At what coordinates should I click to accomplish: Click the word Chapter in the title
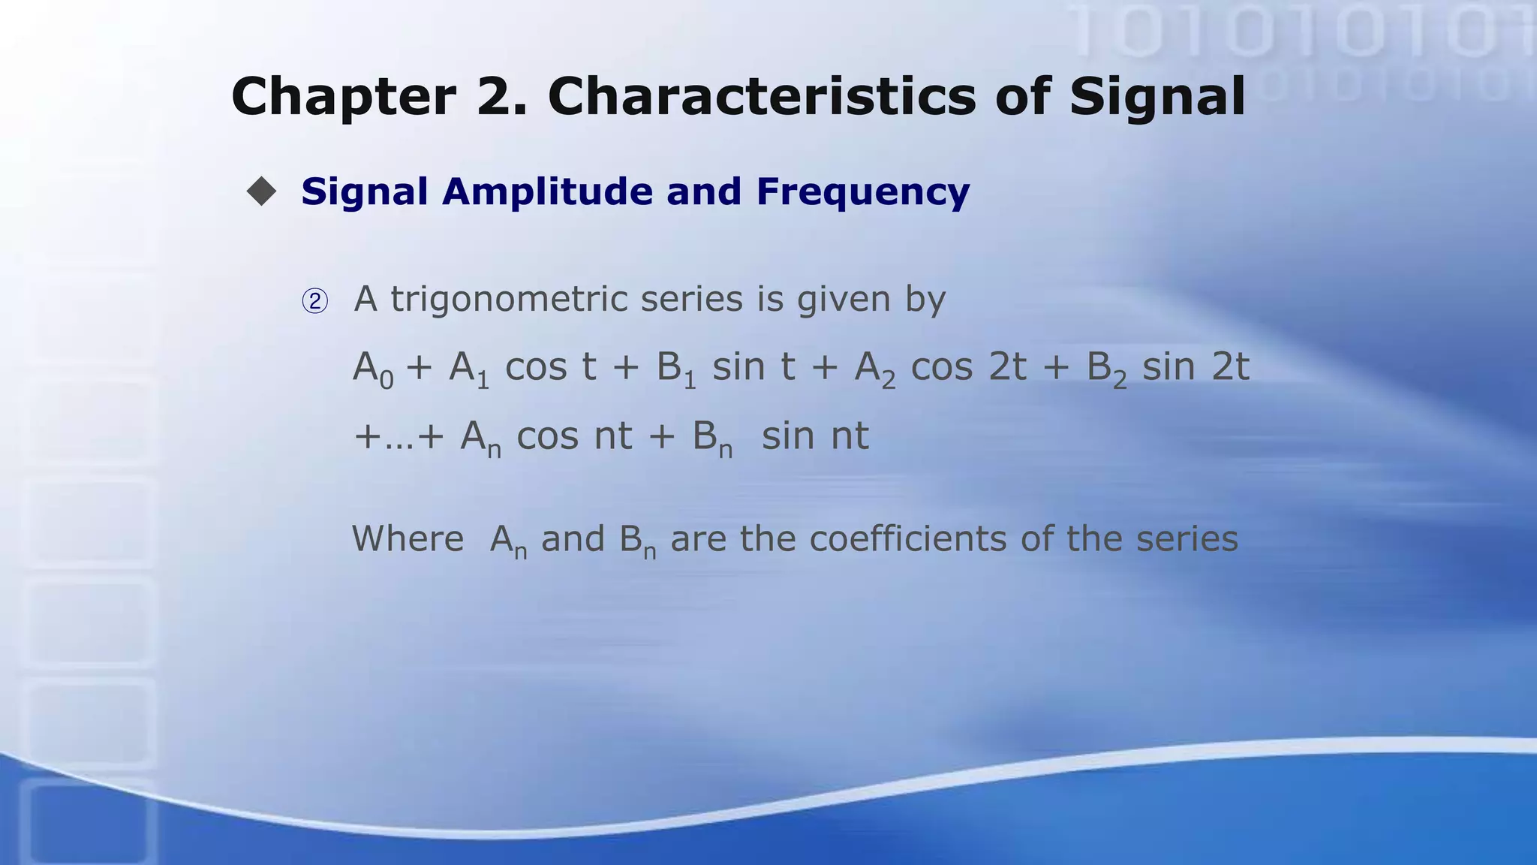[343, 98]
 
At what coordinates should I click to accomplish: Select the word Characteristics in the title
[762, 96]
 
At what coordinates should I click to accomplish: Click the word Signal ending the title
[1157, 98]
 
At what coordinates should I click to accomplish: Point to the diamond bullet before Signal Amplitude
[261, 191]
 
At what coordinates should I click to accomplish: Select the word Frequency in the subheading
[863, 192]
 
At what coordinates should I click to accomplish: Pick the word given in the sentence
[843, 300]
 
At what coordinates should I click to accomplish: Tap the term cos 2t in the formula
[968, 368]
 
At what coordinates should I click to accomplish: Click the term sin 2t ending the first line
[1195, 368]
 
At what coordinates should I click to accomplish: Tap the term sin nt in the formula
[815, 436]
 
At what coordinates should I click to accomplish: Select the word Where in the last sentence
[408, 539]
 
